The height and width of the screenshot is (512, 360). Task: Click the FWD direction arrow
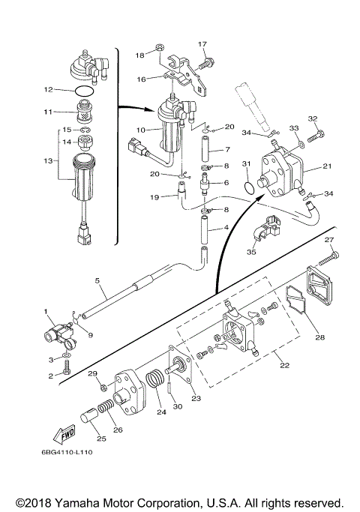click(x=64, y=434)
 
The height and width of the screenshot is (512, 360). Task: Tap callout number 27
click(x=329, y=240)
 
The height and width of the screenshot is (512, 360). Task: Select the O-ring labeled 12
click(x=85, y=90)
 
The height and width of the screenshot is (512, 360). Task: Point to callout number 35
click(x=251, y=252)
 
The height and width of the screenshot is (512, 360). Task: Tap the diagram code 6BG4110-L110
click(x=67, y=452)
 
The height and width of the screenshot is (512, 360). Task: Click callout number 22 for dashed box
click(x=284, y=365)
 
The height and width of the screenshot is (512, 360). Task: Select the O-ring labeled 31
click(x=249, y=187)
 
